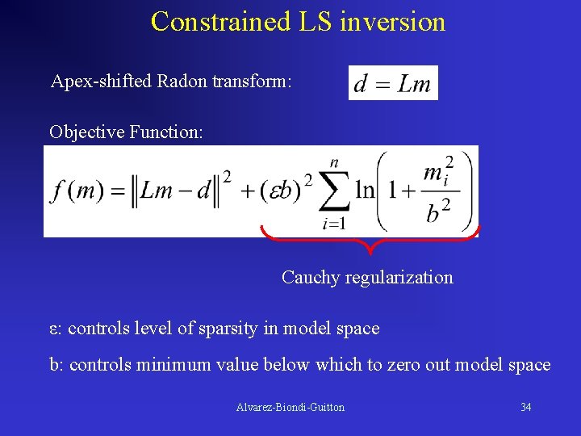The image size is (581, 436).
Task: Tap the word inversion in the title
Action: pos(393,21)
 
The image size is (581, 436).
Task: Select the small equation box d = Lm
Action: pos(393,83)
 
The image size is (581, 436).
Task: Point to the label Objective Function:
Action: pos(125,132)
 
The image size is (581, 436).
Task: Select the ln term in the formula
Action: pos(366,191)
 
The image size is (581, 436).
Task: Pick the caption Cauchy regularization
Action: pos(367,278)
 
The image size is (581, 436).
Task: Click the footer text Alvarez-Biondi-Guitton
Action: pos(290,408)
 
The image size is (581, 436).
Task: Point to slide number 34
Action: pos(525,408)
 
